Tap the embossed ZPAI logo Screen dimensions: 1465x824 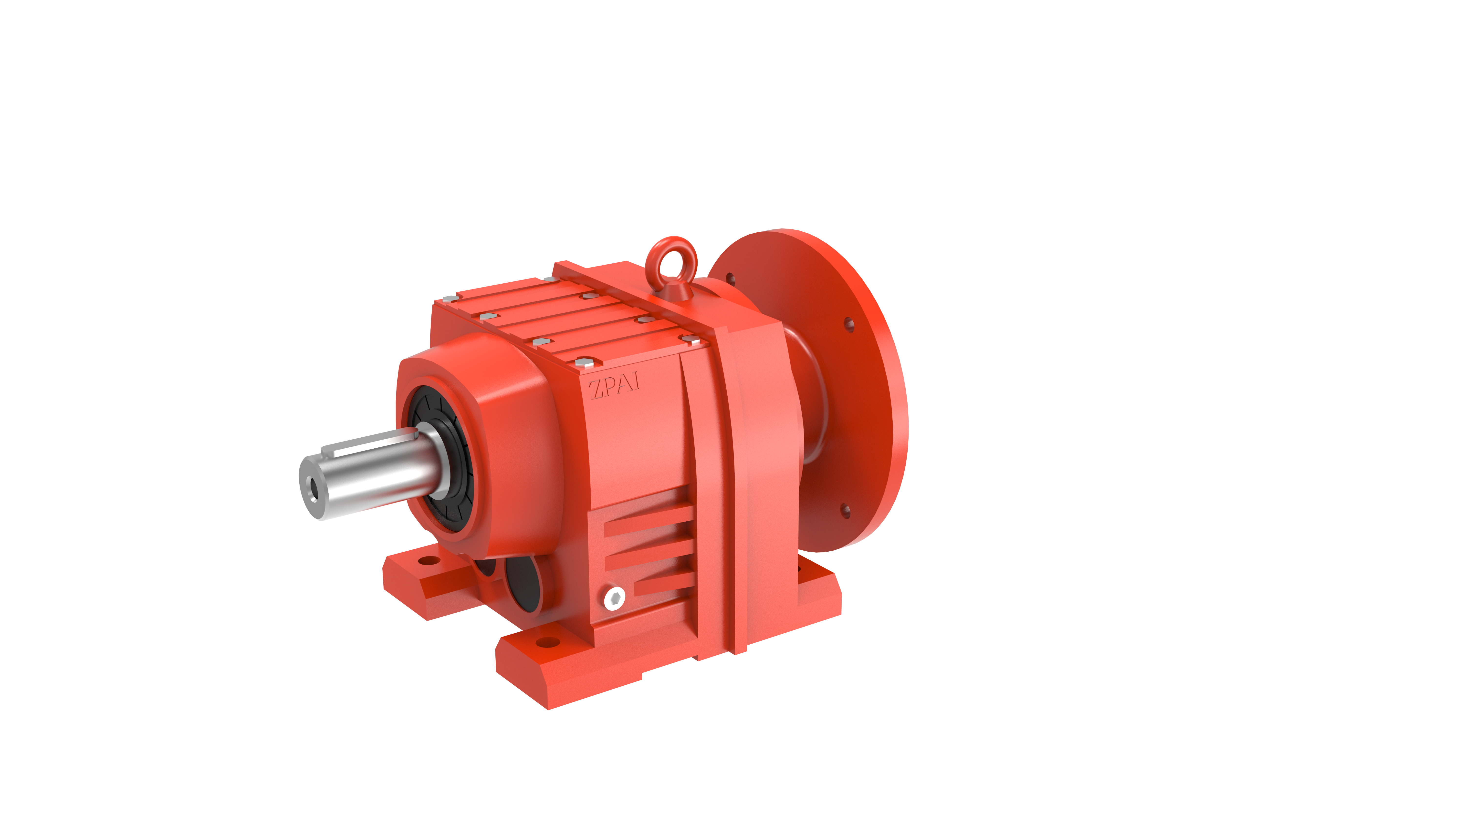[x=614, y=386]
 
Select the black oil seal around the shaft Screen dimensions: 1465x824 [x=441, y=460]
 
